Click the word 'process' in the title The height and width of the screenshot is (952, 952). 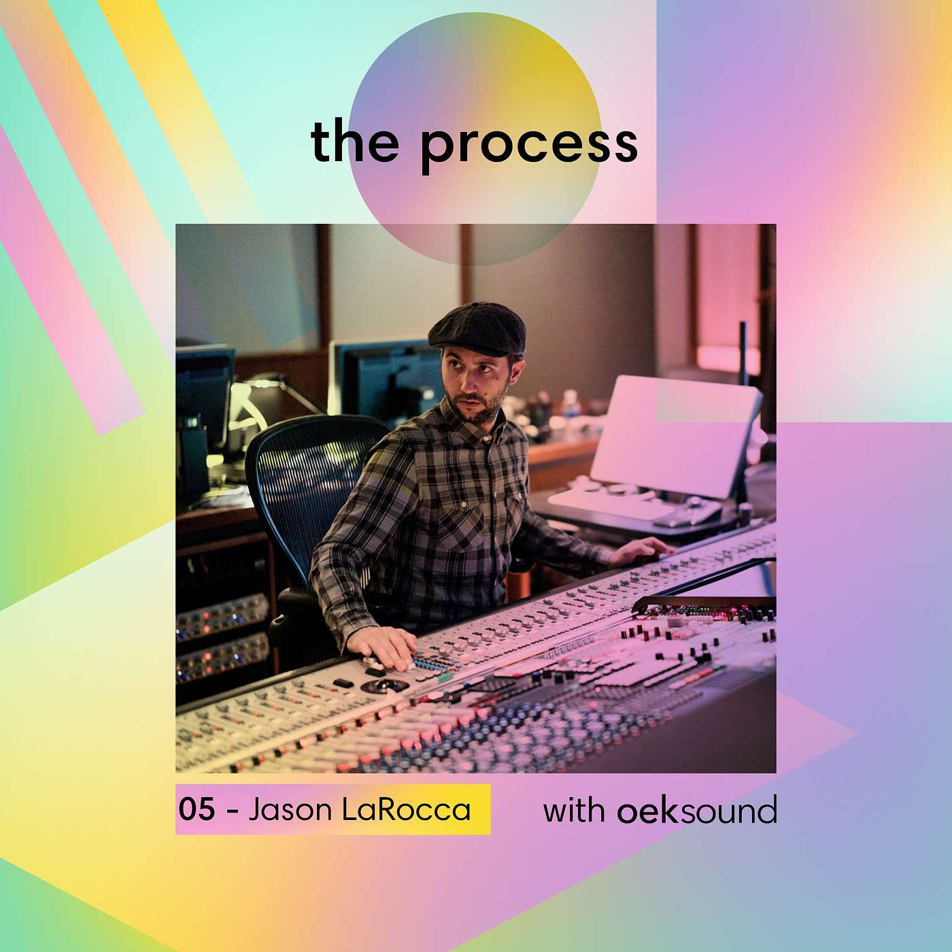(x=529, y=146)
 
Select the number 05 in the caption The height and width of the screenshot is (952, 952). (x=197, y=809)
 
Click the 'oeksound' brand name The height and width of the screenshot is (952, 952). (x=697, y=809)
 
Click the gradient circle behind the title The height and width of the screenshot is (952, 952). (x=475, y=138)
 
